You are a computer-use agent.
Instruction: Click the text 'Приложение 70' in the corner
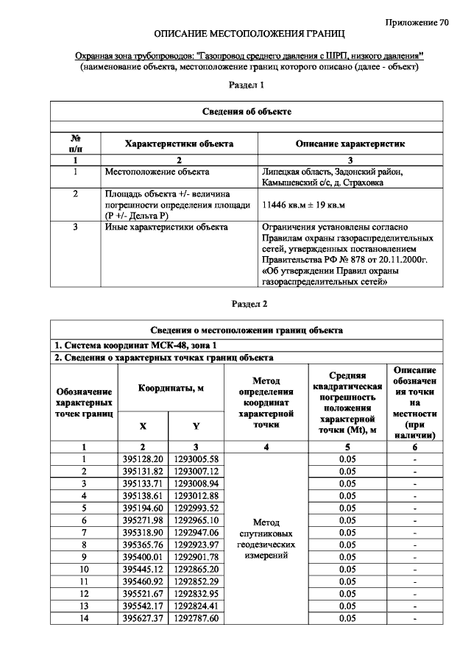tap(417, 22)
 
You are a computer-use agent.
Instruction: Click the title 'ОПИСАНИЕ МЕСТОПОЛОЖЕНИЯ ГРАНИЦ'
tap(249, 35)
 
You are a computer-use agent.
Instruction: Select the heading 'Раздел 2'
tap(249, 303)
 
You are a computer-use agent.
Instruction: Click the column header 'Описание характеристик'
tap(350, 144)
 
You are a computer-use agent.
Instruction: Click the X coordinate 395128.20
tap(143, 458)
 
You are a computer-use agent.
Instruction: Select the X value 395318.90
tap(143, 531)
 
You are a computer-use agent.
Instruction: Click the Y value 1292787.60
tap(196, 618)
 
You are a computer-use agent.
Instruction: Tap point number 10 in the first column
tap(84, 569)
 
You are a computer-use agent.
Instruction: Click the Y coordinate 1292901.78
tap(196, 556)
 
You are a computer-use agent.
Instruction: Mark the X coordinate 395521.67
tap(143, 593)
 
